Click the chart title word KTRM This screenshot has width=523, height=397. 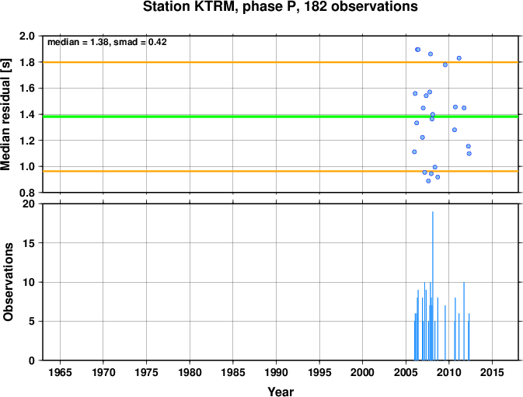(x=215, y=7)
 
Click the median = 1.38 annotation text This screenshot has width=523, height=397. (x=78, y=42)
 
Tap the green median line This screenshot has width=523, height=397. (x=281, y=117)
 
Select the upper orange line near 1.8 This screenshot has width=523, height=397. (x=281, y=62)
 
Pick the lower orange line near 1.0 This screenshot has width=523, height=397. (x=281, y=171)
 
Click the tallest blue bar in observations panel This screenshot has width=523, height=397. (x=433, y=286)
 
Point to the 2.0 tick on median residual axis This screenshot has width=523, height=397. (x=27, y=36)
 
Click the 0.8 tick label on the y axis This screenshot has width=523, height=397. (x=27, y=193)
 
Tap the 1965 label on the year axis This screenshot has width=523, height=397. (x=60, y=372)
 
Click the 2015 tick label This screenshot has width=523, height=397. (x=492, y=372)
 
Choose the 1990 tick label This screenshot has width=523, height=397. (x=276, y=372)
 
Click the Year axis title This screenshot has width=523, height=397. (x=281, y=392)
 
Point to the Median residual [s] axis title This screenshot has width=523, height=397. (x=6, y=114)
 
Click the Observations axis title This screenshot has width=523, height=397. (x=8, y=282)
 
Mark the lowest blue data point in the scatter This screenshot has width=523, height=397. (x=428, y=181)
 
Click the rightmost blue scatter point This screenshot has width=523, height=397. (x=469, y=154)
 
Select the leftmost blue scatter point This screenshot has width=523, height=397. (x=414, y=152)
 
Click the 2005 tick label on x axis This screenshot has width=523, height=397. (x=406, y=372)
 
